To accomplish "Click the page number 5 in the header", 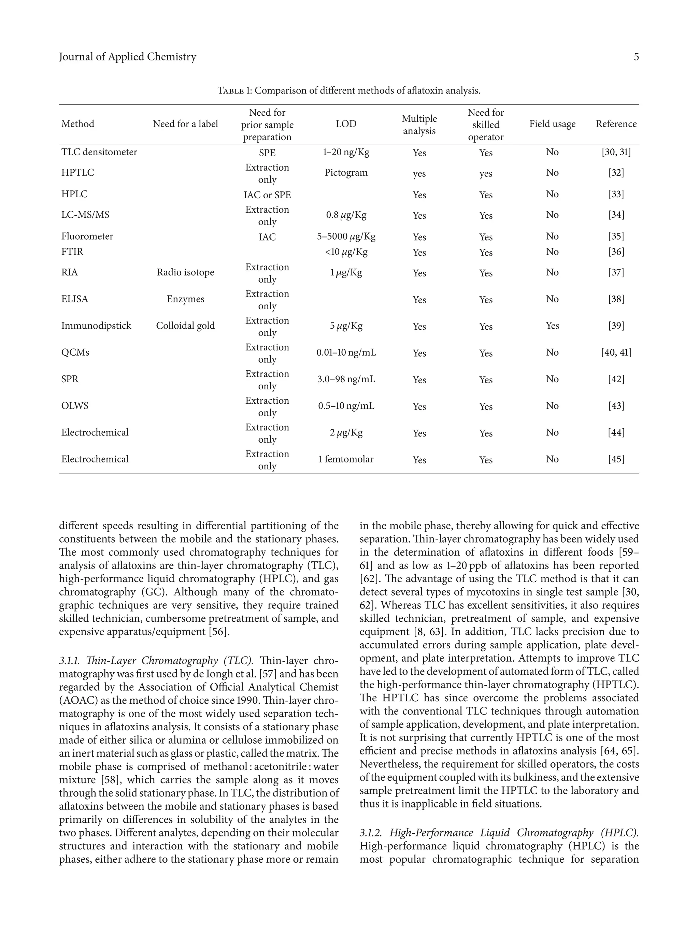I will (636, 57).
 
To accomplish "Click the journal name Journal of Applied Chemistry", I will (128, 57).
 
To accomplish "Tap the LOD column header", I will (346, 124).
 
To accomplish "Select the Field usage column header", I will (552, 124).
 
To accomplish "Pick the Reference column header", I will (616, 124).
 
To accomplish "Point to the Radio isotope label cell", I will (185, 273).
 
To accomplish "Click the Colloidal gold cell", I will (185, 326).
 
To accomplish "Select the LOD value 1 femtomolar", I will (346, 459).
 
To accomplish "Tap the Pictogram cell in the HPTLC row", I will (346, 173).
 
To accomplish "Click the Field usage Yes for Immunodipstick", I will (552, 326).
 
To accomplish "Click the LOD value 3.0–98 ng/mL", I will (346, 379).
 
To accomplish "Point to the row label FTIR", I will (72, 252).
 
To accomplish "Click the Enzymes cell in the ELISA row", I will (185, 299).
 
